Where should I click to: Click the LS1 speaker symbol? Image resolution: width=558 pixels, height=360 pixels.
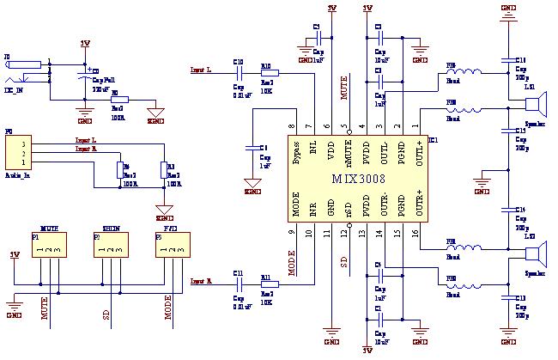click(535, 106)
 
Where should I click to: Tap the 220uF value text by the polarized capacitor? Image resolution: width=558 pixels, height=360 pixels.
click(101, 88)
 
